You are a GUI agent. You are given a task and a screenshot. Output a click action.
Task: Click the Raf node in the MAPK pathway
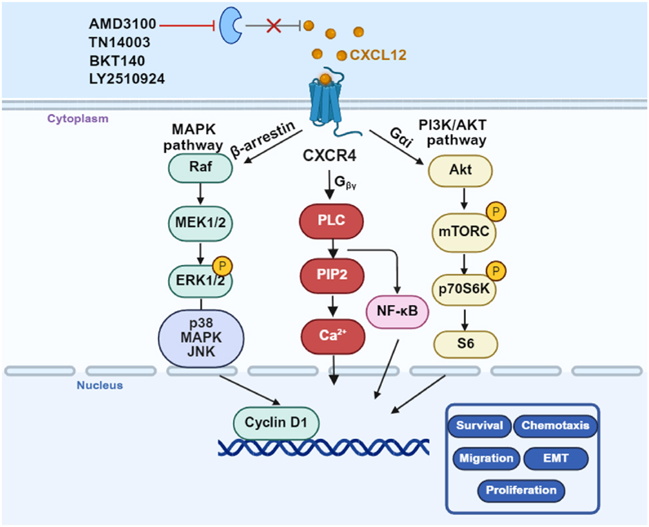(201, 167)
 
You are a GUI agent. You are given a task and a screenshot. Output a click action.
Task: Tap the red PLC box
(331, 221)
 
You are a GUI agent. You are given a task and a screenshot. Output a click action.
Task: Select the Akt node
(460, 169)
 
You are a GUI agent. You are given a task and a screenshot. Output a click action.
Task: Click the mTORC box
(460, 231)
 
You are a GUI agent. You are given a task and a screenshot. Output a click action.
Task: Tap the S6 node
(465, 343)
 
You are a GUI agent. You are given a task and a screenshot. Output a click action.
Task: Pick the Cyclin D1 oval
(275, 423)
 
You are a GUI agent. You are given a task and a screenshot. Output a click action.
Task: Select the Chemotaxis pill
(555, 426)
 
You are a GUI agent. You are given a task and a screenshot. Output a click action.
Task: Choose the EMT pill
(556, 458)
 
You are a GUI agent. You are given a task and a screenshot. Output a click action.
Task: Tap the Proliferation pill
(521, 490)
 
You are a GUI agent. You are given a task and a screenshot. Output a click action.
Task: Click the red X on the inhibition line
(273, 26)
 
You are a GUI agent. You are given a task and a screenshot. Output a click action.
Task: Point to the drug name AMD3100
(123, 25)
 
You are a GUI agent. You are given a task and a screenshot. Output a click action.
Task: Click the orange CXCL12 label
(378, 55)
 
